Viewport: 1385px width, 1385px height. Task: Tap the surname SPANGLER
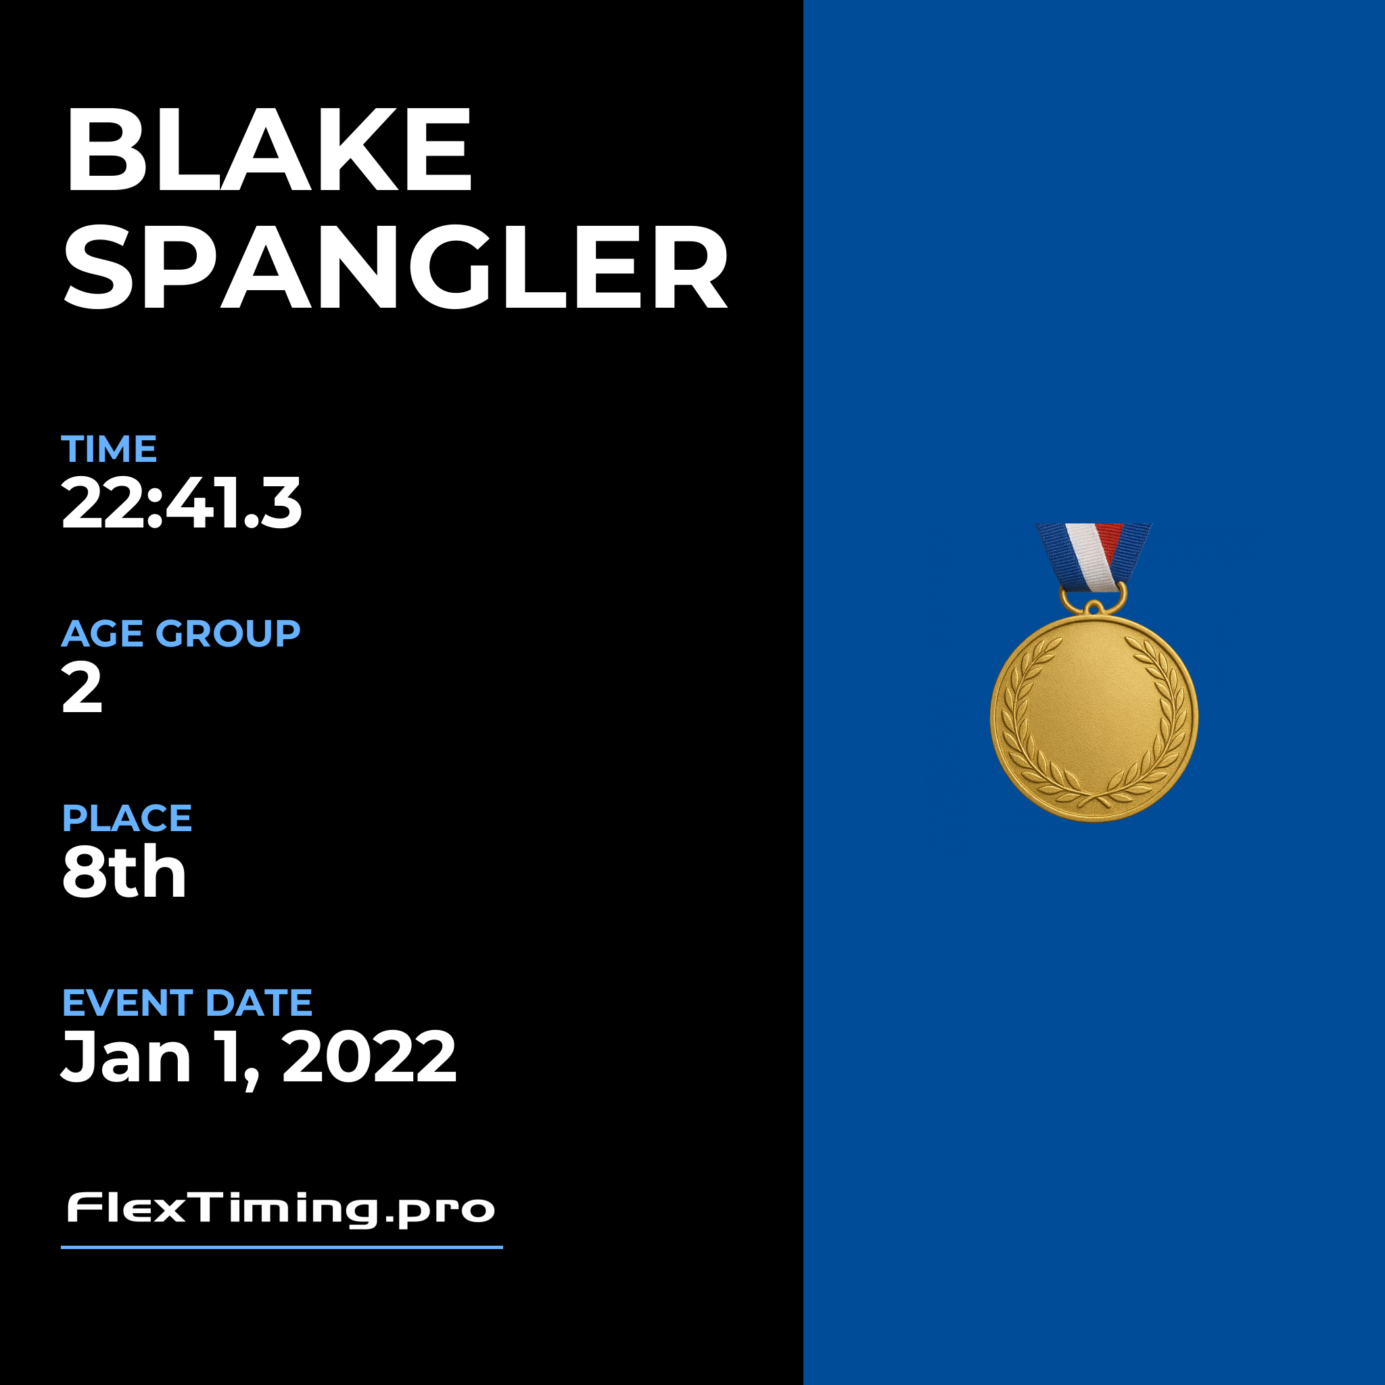click(396, 266)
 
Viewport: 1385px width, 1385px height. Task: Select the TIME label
click(109, 450)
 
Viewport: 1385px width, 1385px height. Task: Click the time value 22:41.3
click(181, 503)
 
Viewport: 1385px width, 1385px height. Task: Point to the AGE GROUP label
click(181, 634)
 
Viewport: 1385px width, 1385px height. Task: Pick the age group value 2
click(82, 688)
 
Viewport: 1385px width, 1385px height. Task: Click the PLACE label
click(127, 818)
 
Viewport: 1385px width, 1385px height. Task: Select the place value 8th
click(124, 872)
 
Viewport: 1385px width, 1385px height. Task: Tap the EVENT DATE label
click(187, 1003)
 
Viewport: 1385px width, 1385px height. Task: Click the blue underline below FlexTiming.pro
click(282, 1247)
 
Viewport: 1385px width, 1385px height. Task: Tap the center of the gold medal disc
click(1094, 718)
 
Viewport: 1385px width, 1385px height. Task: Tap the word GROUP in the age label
click(228, 634)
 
